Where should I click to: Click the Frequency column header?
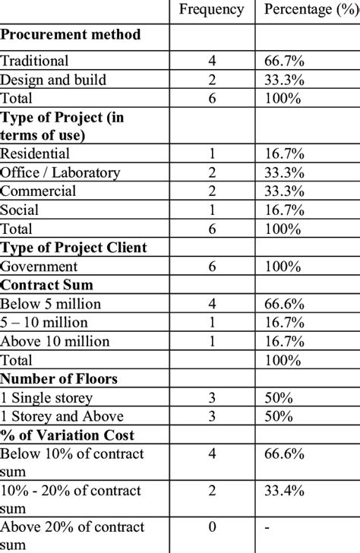[x=211, y=10]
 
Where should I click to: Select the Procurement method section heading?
[x=71, y=34]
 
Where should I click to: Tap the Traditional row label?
[x=35, y=61]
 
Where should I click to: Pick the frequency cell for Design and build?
[x=211, y=80]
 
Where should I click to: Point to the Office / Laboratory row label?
[x=61, y=172]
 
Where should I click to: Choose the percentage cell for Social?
[x=283, y=210]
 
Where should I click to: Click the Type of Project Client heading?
[x=74, y=248]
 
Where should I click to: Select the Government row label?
[x=39, y=267]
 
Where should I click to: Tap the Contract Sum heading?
[x=43, y=285]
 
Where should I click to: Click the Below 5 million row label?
[x=51, y=304]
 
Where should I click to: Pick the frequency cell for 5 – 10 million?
[x=211, y=322]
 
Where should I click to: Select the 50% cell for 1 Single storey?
[x=277, y=397]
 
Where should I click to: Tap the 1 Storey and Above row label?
[x=62, y=416]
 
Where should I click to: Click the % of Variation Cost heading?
[x=68, y=434]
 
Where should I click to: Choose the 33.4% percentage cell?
[x=284, y=491]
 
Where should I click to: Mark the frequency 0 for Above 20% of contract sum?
[x=211, y=528]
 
